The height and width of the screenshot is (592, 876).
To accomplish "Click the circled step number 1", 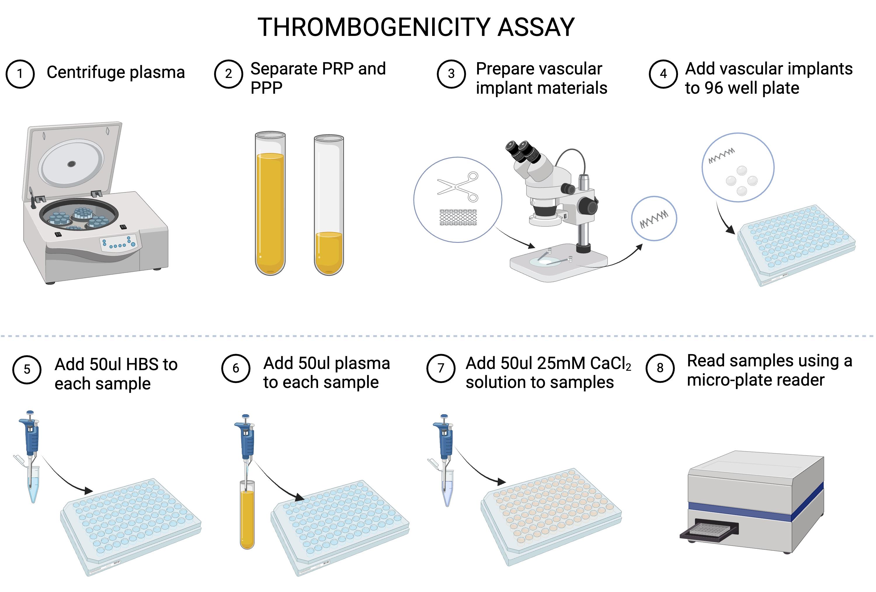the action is click(20, 74).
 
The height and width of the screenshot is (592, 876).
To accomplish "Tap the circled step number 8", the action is click(660, 368).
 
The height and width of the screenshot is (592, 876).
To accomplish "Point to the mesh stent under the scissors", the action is click(458, 217).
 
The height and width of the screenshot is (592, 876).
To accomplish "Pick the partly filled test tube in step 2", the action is click(329, 206).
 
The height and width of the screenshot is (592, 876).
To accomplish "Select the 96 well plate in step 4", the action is click(796, 245).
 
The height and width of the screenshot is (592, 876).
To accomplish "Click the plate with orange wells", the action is click(551, 517).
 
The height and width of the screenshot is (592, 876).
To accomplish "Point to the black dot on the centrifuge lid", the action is click(71, 163).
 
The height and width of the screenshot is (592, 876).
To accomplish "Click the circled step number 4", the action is click(663, 74).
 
